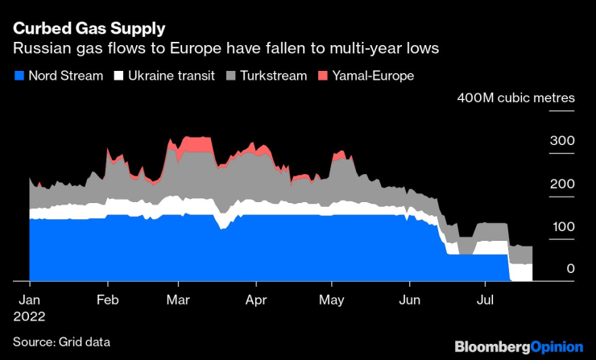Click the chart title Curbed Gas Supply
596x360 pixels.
89,28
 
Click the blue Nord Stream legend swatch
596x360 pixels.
19,76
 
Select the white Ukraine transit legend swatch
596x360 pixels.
118,76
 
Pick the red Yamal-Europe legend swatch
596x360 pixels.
324,76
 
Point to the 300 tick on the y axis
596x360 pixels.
561,141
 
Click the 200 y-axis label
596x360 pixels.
561,184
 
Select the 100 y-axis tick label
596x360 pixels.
561,226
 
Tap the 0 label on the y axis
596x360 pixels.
570,268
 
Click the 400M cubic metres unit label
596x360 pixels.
515,98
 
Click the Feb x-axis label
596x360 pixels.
107,299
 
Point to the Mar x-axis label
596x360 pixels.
178,299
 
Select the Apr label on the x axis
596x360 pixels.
256,299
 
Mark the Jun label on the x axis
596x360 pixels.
409,299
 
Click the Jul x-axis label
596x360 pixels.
485,299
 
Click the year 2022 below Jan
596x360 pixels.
30,317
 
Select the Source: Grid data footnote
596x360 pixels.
61,342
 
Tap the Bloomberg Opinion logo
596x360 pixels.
519,346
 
